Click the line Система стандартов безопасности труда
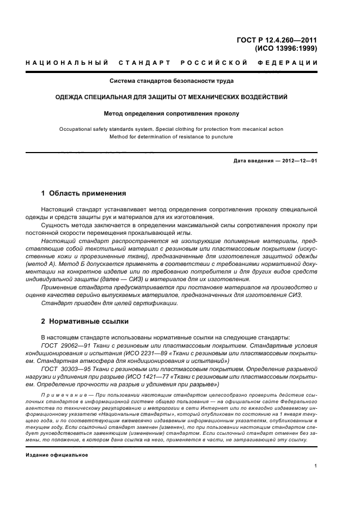coord(172,81)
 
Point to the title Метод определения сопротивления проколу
coord(172,114)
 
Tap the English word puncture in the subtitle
coord(221,137)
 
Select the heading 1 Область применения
coord(84,193)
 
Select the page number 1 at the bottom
coord(316,465)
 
